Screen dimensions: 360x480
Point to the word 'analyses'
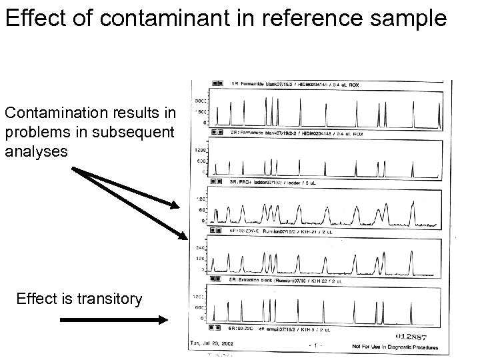click(x=36, y=151)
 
